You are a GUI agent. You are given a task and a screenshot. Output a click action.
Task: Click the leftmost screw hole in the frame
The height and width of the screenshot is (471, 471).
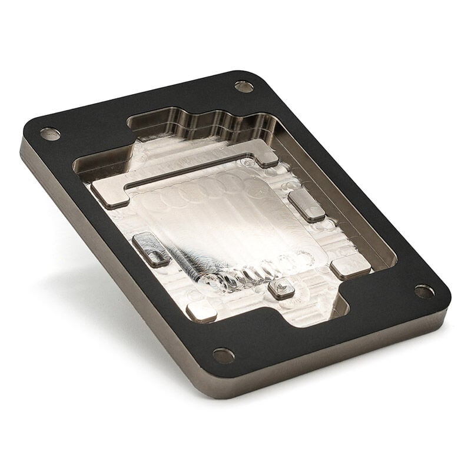coord(50,134)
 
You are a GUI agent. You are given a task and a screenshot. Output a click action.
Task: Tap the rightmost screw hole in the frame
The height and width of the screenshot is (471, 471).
coord(424,291)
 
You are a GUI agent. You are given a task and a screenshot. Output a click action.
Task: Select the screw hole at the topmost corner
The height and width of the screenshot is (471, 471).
coord(244,87)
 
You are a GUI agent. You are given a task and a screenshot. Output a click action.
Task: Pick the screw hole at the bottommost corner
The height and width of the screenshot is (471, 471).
coord(223,355)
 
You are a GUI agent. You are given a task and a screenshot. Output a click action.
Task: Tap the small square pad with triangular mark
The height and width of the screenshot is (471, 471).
coord(281,288)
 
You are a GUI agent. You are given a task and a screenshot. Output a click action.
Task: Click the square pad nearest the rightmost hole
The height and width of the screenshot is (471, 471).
coord(351,268)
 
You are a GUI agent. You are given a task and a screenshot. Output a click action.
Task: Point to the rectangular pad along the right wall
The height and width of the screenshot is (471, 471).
coord(306,205)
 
